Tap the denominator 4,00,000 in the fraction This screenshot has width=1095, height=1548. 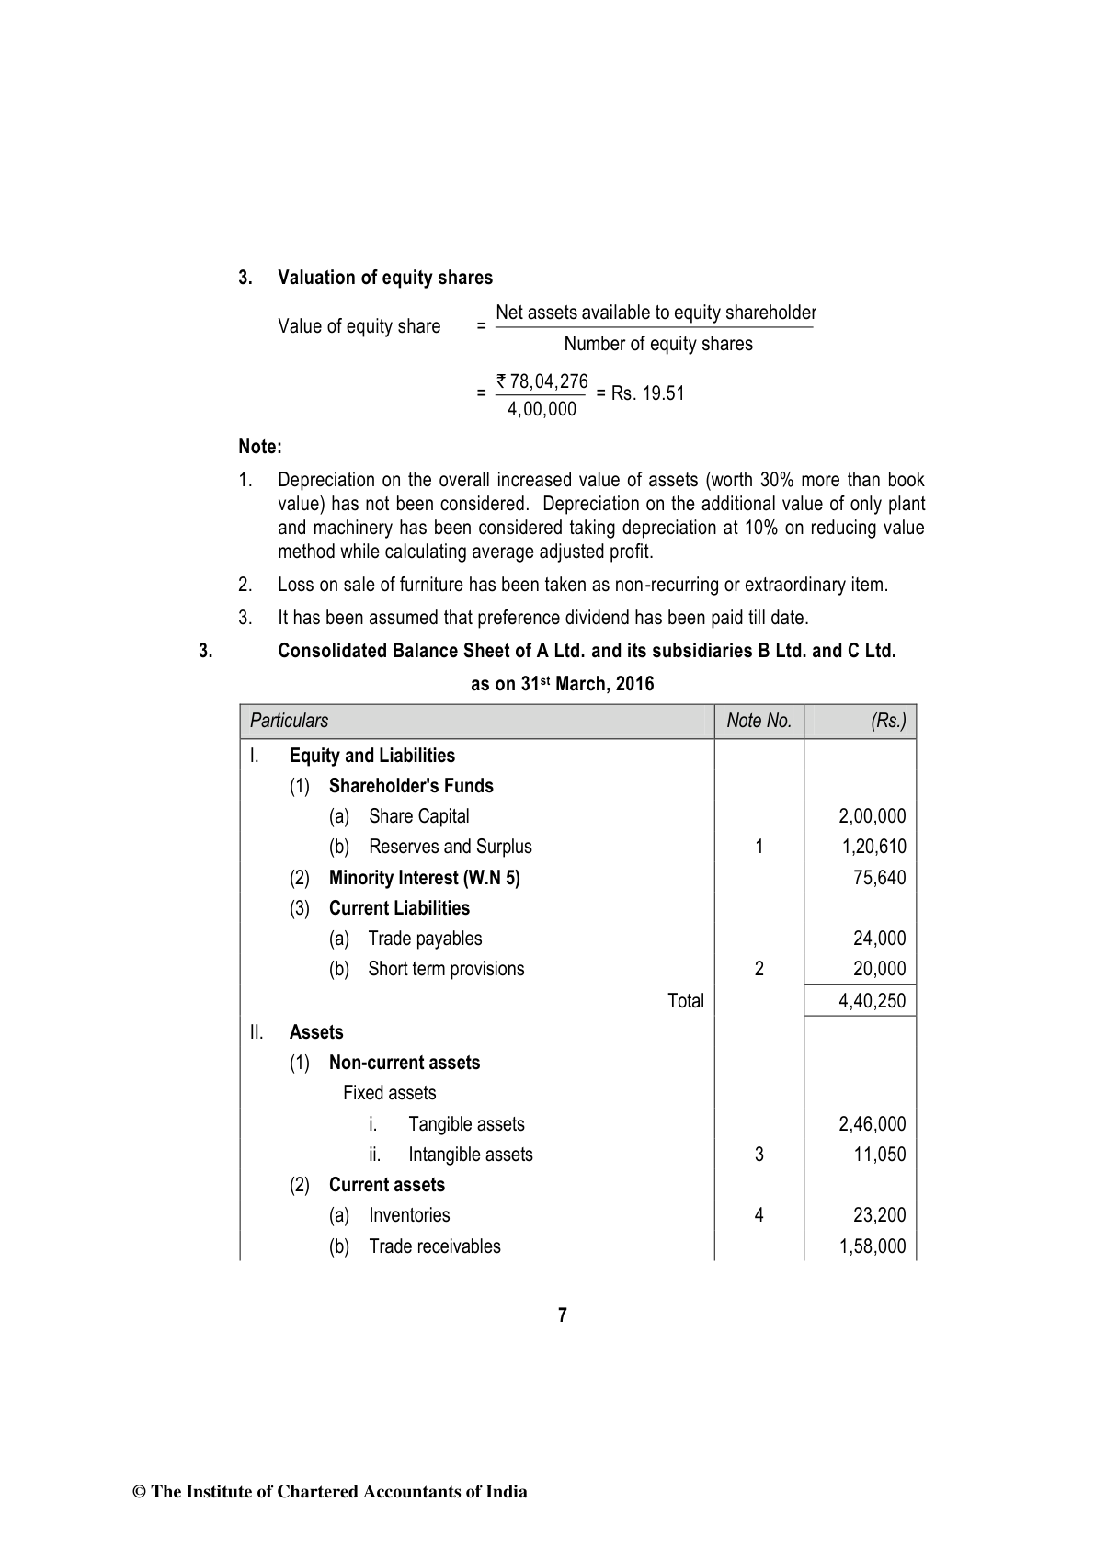pyautogui.click(x=542, y=409)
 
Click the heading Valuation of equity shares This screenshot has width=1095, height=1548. pyautogui.click(x=385, y=278)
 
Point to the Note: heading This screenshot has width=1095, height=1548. pyautogui.click(x=260, y=447)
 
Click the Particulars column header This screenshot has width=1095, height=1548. pyautogui.click(x=289, y=721)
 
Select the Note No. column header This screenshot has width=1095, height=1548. pyautogui.click(x=759, y=721)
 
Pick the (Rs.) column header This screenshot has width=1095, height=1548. pyautogui.click(x=888, y=721)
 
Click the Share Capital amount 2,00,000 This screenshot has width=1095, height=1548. pyautogui.click(x=873, y=816)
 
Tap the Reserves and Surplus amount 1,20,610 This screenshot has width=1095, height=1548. pyautogui.click(x=873, y=847)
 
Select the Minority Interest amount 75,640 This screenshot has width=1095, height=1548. pyautogui.click(x=879, y=877)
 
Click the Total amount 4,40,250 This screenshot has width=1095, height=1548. pyautogui.click(x=873, y=1001)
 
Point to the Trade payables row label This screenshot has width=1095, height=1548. pyautogui.click(x=425, y=939)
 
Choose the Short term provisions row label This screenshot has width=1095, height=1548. pyautogui.click(x=446, y=969)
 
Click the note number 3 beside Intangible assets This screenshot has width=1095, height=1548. pyautogui.click(x=759, y=1155)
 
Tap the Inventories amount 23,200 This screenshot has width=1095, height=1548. pyautogui.click(x=879, y=1215)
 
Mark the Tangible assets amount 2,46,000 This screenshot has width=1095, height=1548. pyautogui.click(x=873, y=1124)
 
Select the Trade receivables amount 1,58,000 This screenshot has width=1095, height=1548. pyautogui.click(x=873, y=1246)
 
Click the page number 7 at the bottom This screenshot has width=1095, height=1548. pyautogui.click(x=563, y=1315)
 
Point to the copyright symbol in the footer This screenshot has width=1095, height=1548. pyautogui.click(x=140, y=1492)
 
